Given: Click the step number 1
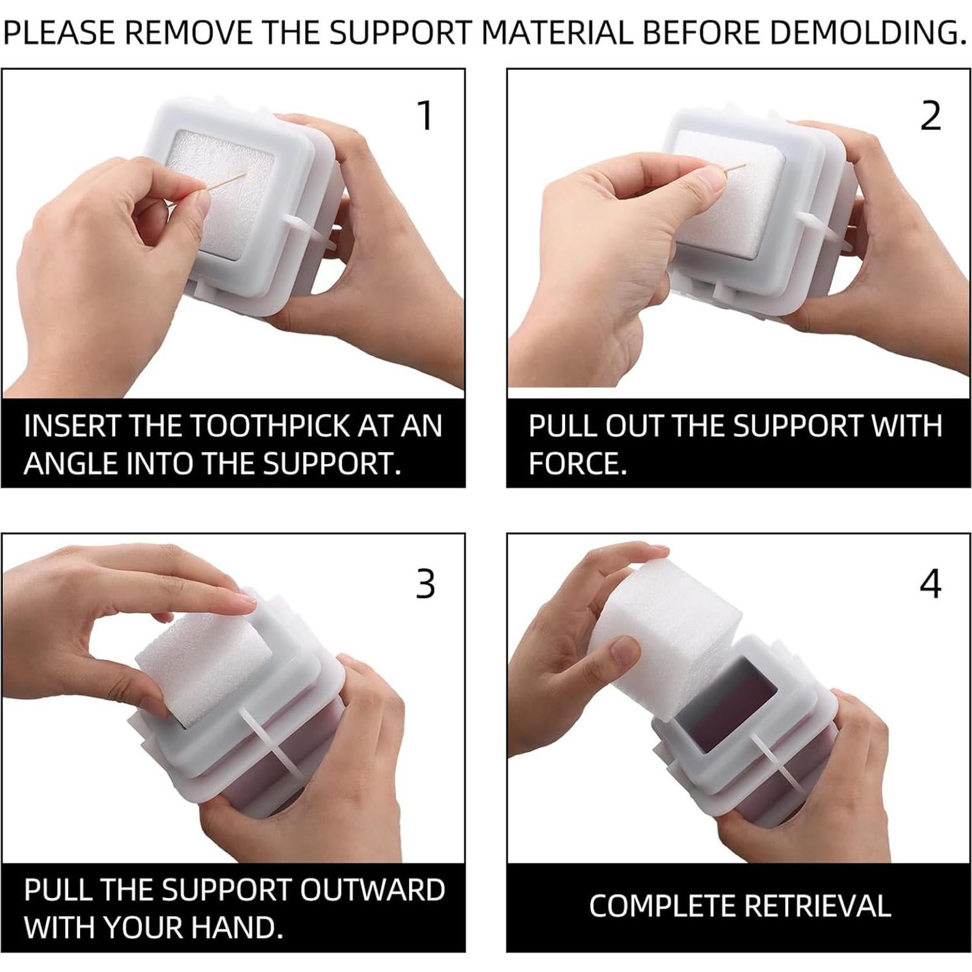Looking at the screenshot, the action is [425, 116].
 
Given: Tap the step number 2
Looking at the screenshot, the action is [931, 116].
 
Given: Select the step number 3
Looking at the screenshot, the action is [425, 583].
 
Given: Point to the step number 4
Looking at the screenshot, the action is [930, 583].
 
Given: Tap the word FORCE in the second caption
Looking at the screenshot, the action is [573, 464].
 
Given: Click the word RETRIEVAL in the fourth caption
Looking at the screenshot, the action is [817, 906].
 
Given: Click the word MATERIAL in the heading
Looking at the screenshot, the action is [557, 33].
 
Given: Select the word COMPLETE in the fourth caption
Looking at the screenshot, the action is [662, 906].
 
